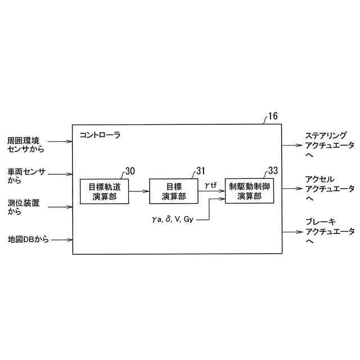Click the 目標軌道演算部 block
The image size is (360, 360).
[104, 191]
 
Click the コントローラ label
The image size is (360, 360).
[100, 136]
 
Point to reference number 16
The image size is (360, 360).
[272, 117]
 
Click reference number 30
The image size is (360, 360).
[130, 171]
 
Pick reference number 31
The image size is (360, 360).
[200, 171]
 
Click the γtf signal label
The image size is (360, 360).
[211, 184]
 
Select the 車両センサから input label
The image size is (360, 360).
[26, 175]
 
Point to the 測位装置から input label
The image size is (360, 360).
[23, 207]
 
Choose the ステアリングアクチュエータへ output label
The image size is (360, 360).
[330, 145]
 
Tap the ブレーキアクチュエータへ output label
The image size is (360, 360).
[330, 231]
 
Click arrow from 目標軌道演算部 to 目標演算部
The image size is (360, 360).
[139, 191]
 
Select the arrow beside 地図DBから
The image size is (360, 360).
[62, 239]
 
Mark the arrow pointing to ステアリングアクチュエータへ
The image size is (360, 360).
[291, 145]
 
